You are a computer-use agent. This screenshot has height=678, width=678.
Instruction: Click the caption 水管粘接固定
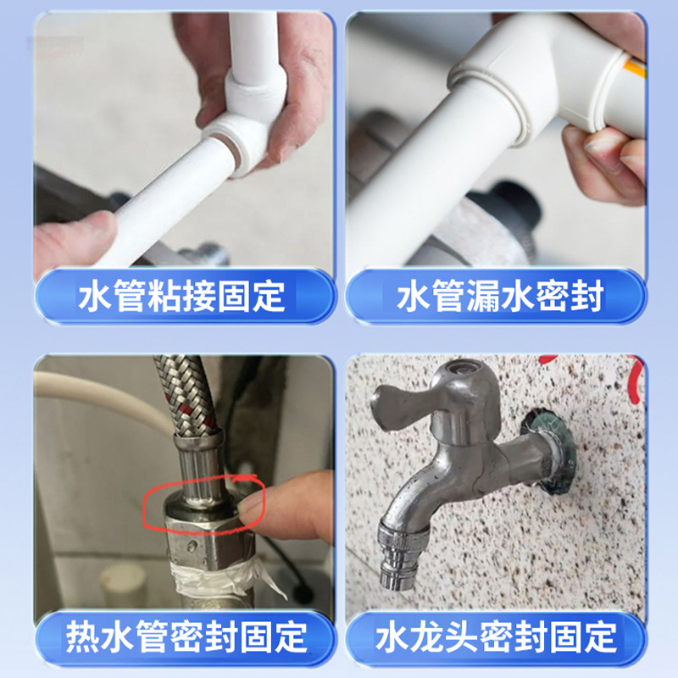pos(182,296)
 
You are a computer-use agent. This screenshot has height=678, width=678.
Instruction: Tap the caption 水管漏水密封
pos(500,296)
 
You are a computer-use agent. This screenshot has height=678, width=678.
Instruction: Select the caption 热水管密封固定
pos(186,637)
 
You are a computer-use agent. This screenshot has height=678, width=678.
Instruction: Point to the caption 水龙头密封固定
pos(496,637)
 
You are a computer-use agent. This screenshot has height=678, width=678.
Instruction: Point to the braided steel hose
pos(186,397)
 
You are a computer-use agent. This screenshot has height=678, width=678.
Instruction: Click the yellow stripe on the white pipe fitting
pos(636,69)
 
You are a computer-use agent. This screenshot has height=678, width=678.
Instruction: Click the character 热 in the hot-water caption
pos(82,637)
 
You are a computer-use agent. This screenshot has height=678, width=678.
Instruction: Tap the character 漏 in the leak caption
pos(483,296)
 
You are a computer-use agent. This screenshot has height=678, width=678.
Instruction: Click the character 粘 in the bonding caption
pos(164,296)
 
